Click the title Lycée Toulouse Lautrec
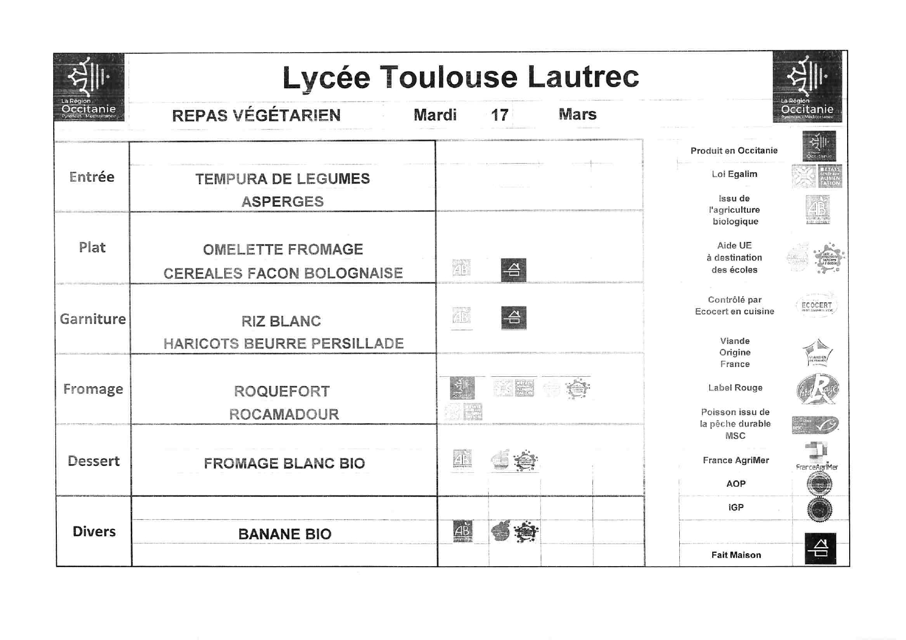460,77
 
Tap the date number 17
499,115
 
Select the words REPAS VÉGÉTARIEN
256,115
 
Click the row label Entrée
91,177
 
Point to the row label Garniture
93,319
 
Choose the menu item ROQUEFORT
282,391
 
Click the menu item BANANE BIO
285,534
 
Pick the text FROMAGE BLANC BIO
284,463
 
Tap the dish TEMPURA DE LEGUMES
283,179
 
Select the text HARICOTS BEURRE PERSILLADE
284,344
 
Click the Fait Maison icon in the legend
820,548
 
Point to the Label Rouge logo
817,389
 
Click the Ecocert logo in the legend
817,306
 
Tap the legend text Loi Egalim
734,174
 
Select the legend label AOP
736,484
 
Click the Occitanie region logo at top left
89,87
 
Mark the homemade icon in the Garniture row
513,318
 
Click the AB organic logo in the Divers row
462,532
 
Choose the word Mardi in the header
435,115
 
